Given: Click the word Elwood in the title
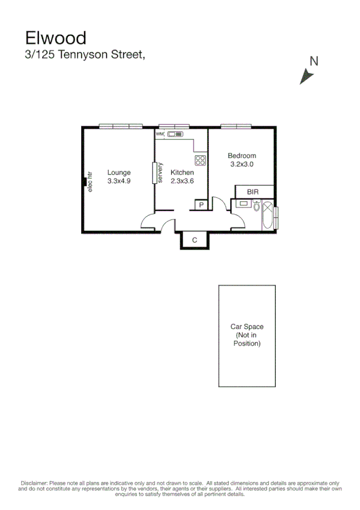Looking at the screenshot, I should tap(56, 38).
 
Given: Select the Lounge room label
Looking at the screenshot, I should tap(119, 172).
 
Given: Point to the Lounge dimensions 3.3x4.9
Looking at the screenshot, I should tap(119, 180).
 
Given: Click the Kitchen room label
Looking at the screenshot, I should tap(182, 172).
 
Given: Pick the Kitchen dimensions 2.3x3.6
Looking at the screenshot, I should tap(182, 180).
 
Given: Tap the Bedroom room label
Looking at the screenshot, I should tap(242, 155).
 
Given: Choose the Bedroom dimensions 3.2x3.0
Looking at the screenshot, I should tap(242, 164).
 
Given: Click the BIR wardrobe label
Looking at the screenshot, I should tap(253, 191).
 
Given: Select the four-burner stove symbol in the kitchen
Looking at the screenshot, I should tap(200, 160).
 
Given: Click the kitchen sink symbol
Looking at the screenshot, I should tap(178, 134).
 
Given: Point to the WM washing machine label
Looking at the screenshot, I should tap(160, 134).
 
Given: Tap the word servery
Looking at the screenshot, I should tap(160, 173).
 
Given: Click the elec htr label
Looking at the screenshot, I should tap(90, 182).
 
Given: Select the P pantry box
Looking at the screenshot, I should tap(201, 205).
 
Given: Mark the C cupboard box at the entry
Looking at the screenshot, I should tap(194, 240).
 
